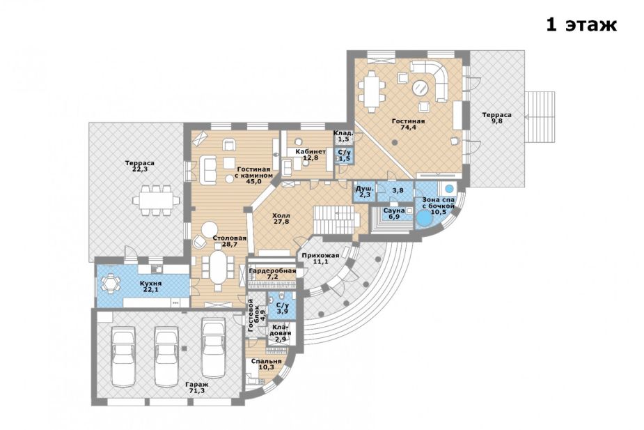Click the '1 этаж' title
tap(581, 24)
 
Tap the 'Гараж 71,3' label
tap(196, 387)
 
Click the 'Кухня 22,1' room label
tap(150, 286)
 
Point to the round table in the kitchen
tap(110, 283)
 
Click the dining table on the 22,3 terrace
tap(156, 200)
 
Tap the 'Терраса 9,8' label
tap(496, 118)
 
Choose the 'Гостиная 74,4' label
tap(408, 124)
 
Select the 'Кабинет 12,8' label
tap(314, 155)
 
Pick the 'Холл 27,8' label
tap(281, 218)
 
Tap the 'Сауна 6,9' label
tap(392, 213)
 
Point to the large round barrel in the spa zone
tap(424, 218)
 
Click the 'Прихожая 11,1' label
tap(320, 259)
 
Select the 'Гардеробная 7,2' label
tap(272, 274)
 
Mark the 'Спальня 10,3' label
tap(267, 364)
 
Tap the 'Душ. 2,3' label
tap(364, 192)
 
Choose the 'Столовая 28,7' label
tap(230, 241)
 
